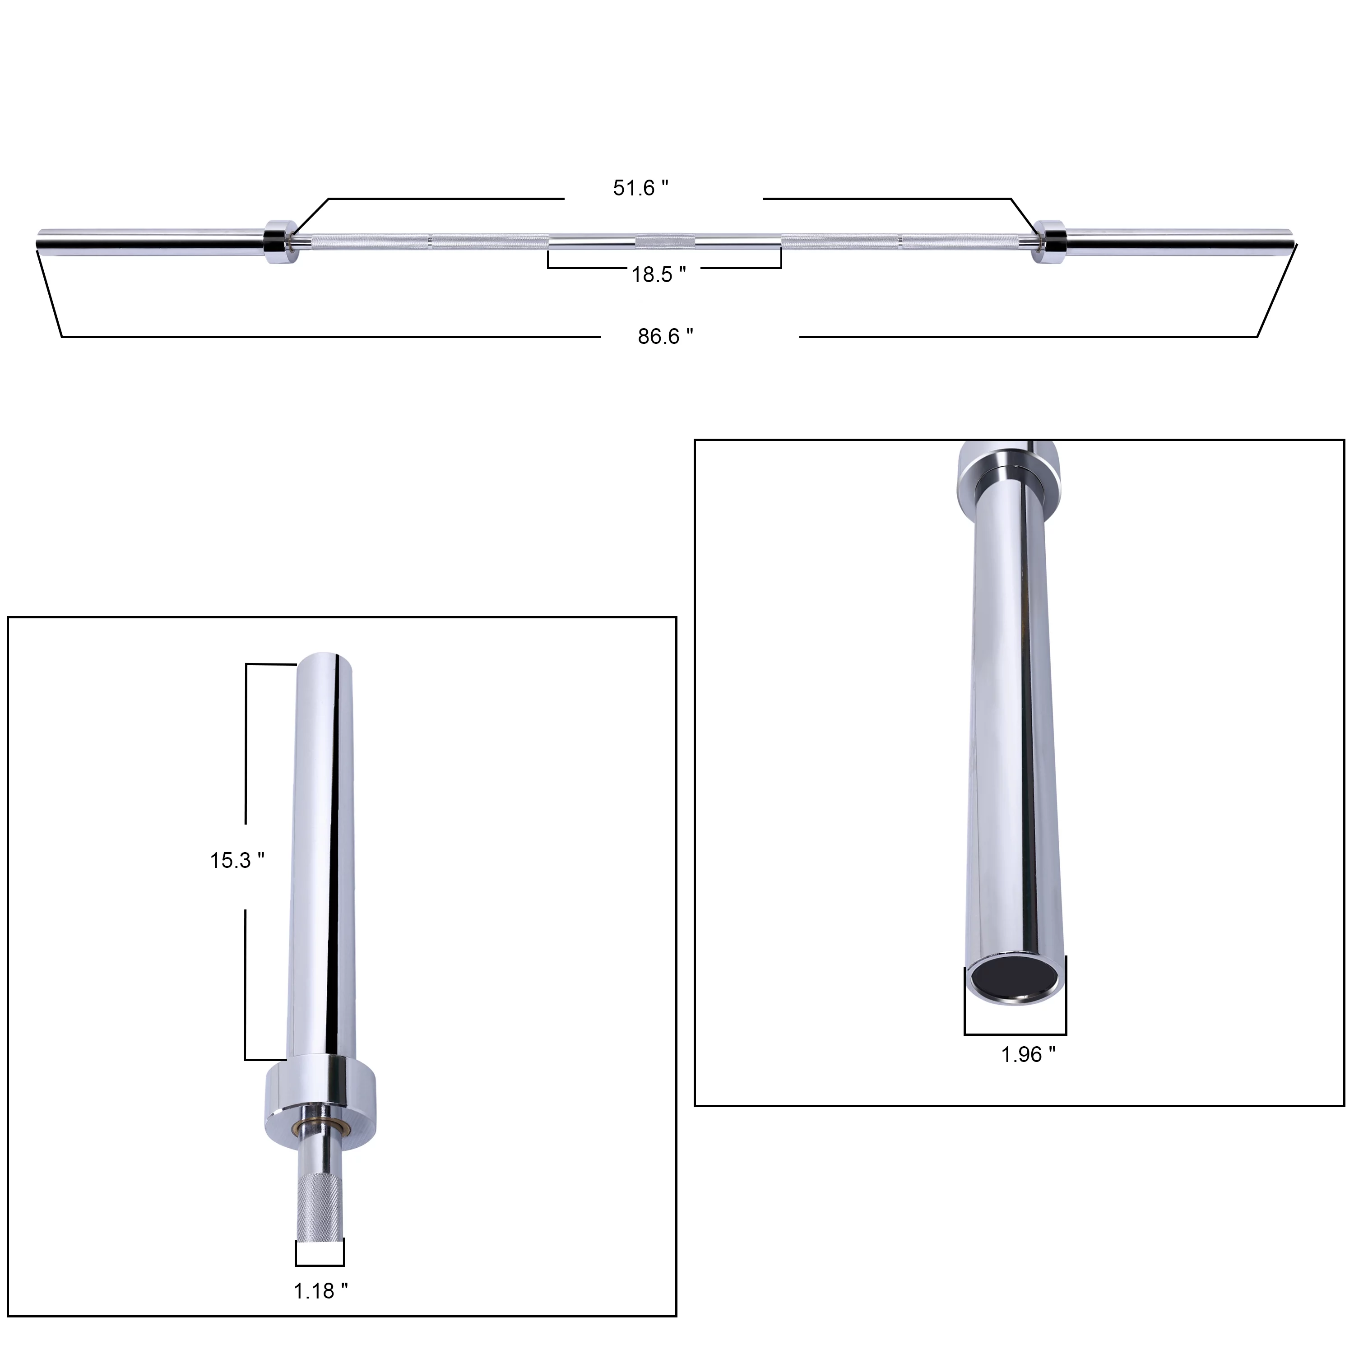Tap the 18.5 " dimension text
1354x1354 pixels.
pyautogui.click(x=658, y=275)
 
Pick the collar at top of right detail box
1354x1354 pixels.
pyautogui.click(x=1009, y=477)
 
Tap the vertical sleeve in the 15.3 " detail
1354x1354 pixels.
pyautogui.click(x=322, y=855)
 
